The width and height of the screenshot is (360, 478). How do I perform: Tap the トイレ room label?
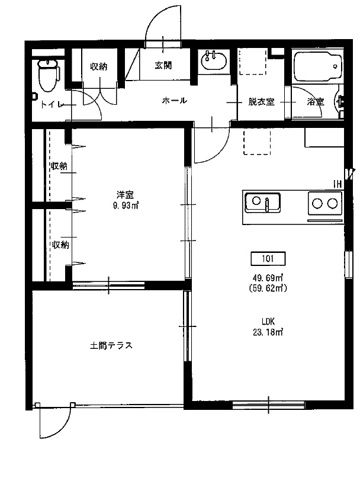point(52,104)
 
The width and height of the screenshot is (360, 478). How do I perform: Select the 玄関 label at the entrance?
point(163,66)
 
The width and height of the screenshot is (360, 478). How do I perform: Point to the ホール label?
point(175,101)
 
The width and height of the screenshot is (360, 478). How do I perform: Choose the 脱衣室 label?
point(261,102)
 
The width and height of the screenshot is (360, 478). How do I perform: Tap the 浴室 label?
point(315,102)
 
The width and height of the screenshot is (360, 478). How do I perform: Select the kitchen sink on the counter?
point(263,203)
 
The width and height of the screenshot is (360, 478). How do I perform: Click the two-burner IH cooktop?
point(324,204)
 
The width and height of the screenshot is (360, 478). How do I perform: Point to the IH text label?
point(337,184)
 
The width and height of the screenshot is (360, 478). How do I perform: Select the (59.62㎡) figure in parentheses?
point(269,288)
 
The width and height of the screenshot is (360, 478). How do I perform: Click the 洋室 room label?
point(125,194)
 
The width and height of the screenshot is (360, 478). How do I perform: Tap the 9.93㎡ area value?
point(125,206)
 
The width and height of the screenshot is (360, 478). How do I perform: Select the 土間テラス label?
point(111,345)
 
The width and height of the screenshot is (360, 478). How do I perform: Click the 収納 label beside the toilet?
point(99,66)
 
